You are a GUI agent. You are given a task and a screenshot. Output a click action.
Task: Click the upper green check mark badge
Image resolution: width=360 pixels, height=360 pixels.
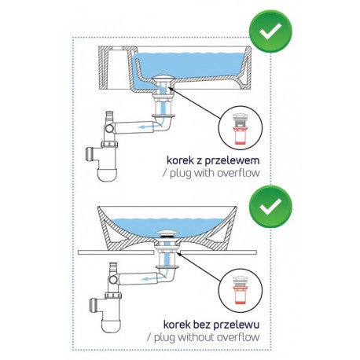(x=270, y=31)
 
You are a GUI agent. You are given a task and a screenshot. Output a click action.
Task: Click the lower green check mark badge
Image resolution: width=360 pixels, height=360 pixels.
(x=270, y=207)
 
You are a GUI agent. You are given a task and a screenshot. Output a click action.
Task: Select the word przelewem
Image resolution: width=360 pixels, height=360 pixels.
(x=232, y=161)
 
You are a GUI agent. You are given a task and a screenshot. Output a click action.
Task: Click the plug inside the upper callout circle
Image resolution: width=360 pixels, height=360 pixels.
(x=240, y=128)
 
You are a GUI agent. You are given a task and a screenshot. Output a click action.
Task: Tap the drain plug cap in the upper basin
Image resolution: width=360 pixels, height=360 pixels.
(x=163, y=78)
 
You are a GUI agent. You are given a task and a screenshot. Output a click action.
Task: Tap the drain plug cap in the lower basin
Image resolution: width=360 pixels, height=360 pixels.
(x=167, y=233)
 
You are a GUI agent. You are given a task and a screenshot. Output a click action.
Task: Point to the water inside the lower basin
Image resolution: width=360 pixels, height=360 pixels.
(x=167, y=226)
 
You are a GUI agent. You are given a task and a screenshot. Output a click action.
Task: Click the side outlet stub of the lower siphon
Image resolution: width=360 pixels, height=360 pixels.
(x=94, y=305)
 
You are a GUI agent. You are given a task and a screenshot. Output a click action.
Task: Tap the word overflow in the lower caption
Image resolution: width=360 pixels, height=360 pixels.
(x=238, y=337)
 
